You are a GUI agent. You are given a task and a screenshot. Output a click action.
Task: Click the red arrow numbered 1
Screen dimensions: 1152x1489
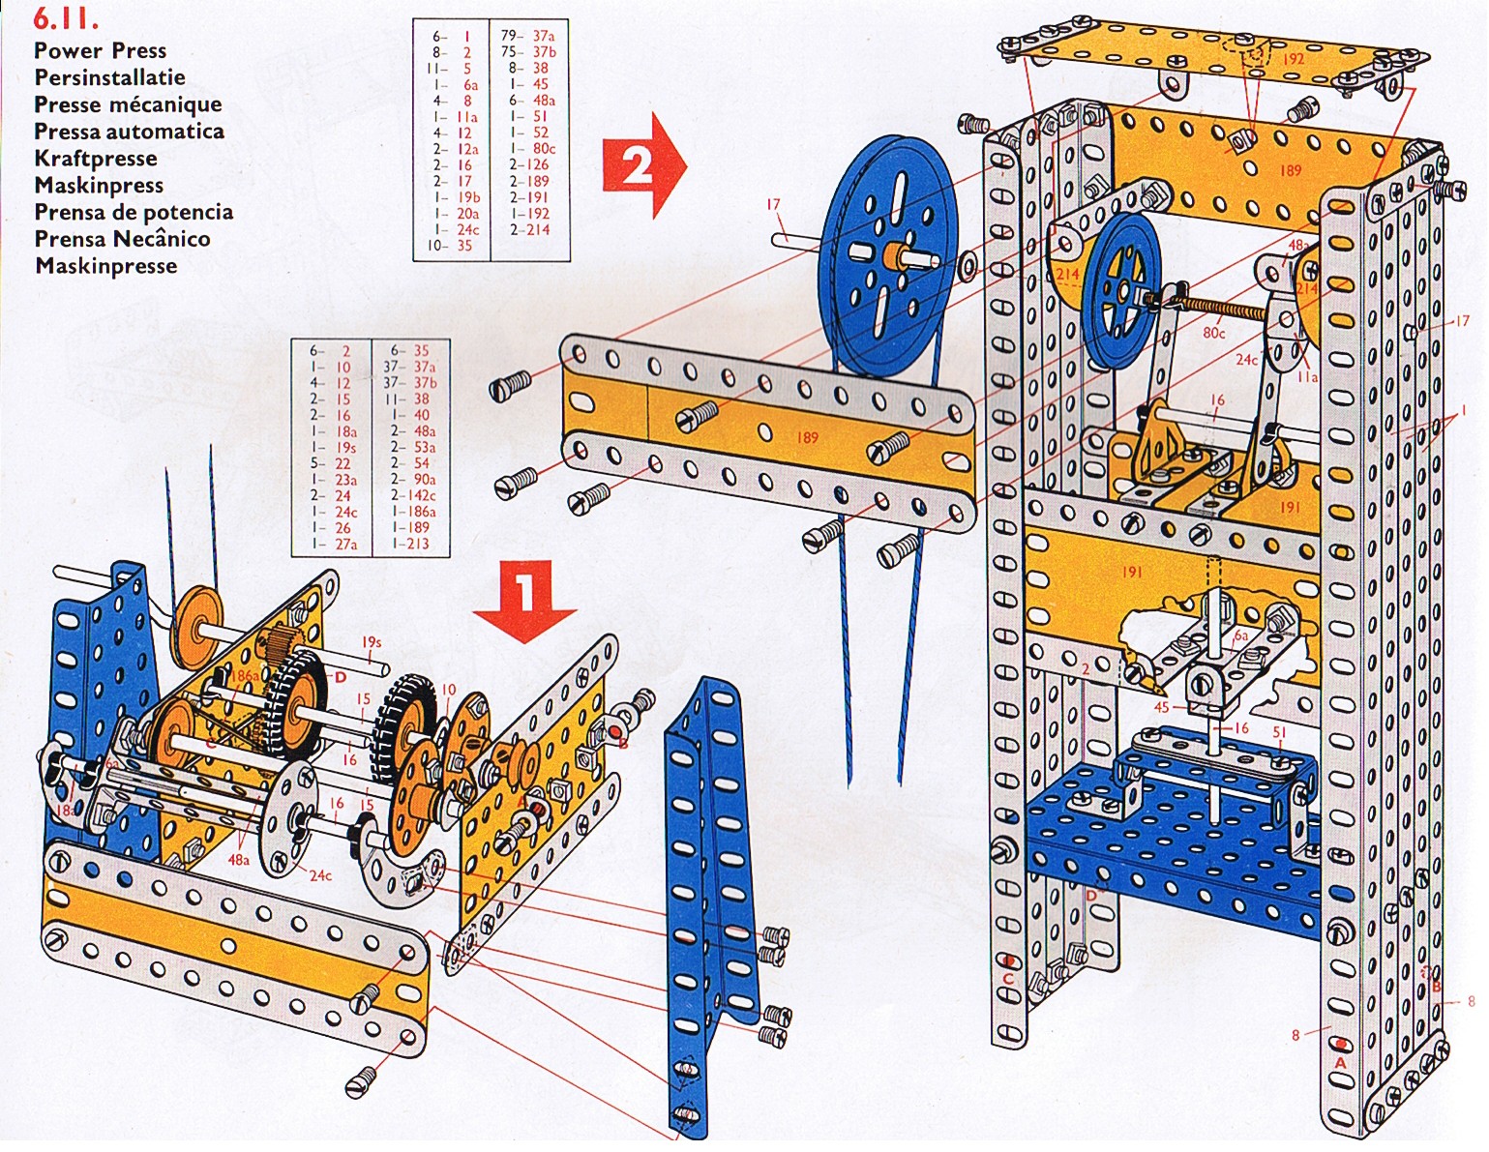(526, 596)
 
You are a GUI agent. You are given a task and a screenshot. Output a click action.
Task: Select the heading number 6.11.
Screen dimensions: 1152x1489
(66, 19)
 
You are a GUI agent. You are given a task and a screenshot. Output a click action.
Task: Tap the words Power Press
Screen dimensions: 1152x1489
(100, 50)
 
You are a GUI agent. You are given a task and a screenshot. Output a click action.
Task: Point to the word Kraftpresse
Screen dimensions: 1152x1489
(95, 159)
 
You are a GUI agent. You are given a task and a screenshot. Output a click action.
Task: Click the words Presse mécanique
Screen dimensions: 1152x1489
(128, 104)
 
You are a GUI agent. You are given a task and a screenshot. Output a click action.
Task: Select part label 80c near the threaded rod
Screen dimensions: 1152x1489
(1213, 332)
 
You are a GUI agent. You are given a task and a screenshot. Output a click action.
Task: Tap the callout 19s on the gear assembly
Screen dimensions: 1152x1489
(372, 641)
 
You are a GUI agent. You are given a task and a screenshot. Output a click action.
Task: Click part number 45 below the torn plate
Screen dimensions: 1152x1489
(1162, 707)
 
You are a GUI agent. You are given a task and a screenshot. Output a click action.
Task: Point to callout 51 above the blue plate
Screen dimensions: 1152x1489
(1279, 733)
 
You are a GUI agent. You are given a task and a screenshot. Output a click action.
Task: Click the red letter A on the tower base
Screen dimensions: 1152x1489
(1340, 1061)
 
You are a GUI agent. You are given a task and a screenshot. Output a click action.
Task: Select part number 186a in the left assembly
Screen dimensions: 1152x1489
(246, 676)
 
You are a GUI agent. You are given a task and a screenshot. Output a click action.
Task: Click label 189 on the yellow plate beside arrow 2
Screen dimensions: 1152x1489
(807, 437)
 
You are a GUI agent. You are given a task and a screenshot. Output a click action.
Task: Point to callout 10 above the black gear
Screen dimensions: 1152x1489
(448, 690)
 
